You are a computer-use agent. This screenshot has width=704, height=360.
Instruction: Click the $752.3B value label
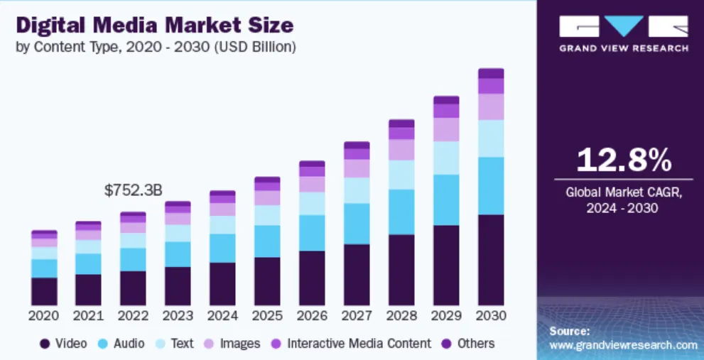click(x=133, y=190)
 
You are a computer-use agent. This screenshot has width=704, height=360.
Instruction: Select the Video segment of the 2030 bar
click(x=491, y=260)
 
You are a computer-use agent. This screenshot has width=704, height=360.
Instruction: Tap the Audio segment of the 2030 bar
click(x=491, y=185)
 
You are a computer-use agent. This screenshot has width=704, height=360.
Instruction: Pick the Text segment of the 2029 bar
click(x=446, y=158)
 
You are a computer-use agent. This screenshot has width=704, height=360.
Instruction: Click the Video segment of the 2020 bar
click(x=44, y=291)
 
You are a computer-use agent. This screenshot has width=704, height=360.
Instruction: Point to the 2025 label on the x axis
click(x=267, y=315)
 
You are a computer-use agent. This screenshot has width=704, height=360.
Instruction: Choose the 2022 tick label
click(x=133, y=315)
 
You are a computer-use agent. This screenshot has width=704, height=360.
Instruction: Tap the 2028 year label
click(x=401, y=315)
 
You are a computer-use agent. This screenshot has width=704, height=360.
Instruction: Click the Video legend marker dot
click(x=45, y=344)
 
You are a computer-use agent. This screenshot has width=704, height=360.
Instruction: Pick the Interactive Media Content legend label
click(x=359, y=344)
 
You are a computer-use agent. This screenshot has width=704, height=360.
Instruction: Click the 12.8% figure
click(x=623, y=160)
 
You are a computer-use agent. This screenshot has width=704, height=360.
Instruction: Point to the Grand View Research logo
click(x=623, y=33)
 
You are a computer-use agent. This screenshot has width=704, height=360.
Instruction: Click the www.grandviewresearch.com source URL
click(x=624, y=345)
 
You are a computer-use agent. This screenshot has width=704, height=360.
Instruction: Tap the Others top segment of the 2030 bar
click(x=491, y=73)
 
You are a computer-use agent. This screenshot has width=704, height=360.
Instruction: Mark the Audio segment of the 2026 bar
click(x=312, y=233)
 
